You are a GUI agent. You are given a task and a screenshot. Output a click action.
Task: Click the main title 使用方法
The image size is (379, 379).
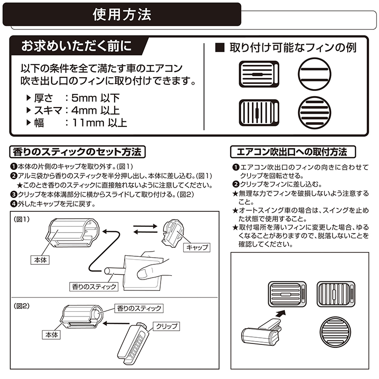point(122,15)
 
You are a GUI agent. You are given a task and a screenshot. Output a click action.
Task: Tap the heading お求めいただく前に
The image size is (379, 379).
point(77,46)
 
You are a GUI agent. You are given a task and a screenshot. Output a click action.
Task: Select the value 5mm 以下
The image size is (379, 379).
point(96,98)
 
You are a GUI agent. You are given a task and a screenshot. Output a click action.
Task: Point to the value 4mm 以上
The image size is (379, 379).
point(96,110)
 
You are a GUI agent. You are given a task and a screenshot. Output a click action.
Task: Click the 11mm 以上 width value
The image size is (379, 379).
point(99,123)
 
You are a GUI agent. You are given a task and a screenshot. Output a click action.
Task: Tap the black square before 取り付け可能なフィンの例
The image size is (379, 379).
point(220,48)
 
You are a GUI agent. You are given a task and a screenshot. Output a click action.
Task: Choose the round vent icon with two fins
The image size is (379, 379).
point(314,74)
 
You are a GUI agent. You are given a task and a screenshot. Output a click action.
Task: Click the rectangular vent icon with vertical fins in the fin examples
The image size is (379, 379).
point(259,113)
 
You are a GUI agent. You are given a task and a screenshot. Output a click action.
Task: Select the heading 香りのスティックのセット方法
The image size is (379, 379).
point(77,152)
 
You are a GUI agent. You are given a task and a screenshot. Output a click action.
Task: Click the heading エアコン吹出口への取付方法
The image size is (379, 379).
point(293,152)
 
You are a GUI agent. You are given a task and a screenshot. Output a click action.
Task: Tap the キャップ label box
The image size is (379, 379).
point(197,247)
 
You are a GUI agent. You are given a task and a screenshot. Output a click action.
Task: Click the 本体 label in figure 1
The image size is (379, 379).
point(40,260)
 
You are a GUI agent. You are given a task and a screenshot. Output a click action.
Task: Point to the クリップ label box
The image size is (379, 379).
point(167,326)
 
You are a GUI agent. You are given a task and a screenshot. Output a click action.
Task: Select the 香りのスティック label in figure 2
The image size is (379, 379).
point(139,308)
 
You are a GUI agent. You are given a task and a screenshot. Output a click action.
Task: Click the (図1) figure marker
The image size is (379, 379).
point(21,219)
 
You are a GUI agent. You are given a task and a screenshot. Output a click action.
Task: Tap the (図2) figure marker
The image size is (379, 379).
point(21,306)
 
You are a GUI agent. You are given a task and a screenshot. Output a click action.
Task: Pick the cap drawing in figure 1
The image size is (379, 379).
point(173,233)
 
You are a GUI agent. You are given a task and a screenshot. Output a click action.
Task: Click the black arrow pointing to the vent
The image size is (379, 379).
point(281,314)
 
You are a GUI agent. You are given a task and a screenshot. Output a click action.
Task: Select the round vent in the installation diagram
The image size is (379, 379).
point(335,332)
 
